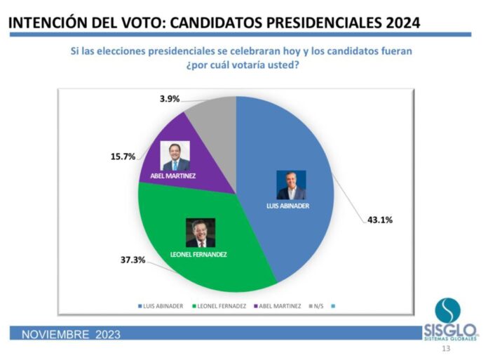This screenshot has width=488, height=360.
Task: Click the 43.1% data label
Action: coord(379,220)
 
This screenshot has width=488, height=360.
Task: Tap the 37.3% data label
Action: coord(132,260)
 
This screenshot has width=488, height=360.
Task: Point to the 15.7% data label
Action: coord(123,156)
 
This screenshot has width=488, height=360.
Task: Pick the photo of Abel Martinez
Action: coord(175,156)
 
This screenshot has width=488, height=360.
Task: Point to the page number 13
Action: coord(446,348)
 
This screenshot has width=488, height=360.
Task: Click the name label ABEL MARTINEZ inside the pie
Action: coord(172,176)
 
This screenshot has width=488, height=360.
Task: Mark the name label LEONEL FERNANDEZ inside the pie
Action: coord(199,254)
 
